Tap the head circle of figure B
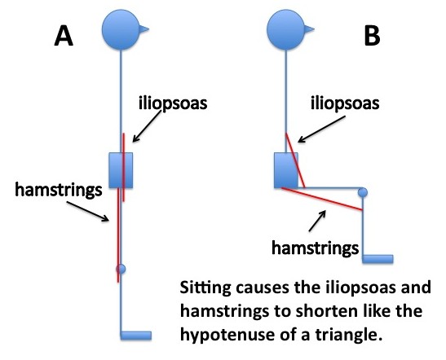[x=286, y=29]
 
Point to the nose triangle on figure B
[x=311, y=29]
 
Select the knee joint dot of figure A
[x=121, y=268]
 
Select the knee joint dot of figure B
[x=363, y=192]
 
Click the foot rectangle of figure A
[x=135, y=334]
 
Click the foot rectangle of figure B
[x=378, y=259]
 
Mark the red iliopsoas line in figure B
[x=294, y=159]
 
